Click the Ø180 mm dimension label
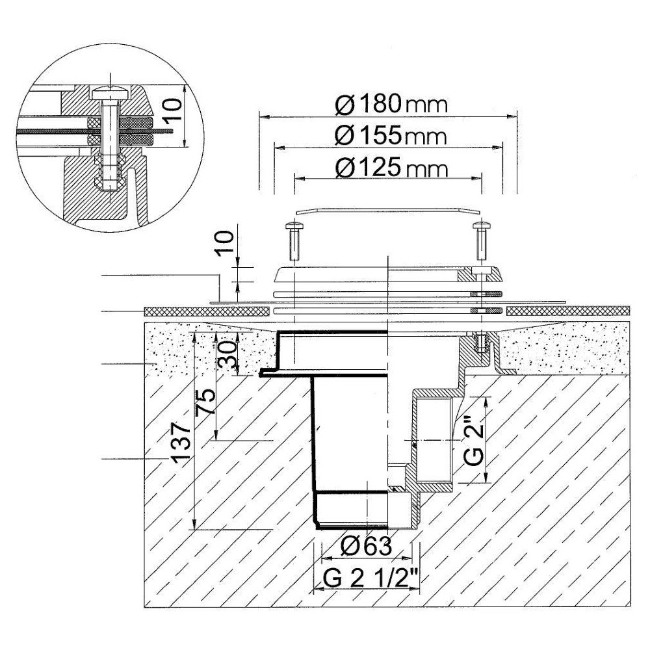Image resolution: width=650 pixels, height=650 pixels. [x=391, y=105]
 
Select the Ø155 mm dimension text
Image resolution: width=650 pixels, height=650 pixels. [x=391, y=136]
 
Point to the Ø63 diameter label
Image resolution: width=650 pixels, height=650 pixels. [x=366, y=546]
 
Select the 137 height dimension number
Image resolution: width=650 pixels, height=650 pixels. [x=181, y=443]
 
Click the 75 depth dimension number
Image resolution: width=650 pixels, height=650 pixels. [x=206, y=401]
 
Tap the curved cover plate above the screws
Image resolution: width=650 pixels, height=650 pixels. [x=389, y=211]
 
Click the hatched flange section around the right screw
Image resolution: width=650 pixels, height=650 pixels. [x=481, y=274]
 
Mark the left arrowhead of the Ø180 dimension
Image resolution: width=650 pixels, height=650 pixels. [x=265, y=116]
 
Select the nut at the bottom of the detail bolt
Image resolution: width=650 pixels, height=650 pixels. [x=110, y=182]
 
